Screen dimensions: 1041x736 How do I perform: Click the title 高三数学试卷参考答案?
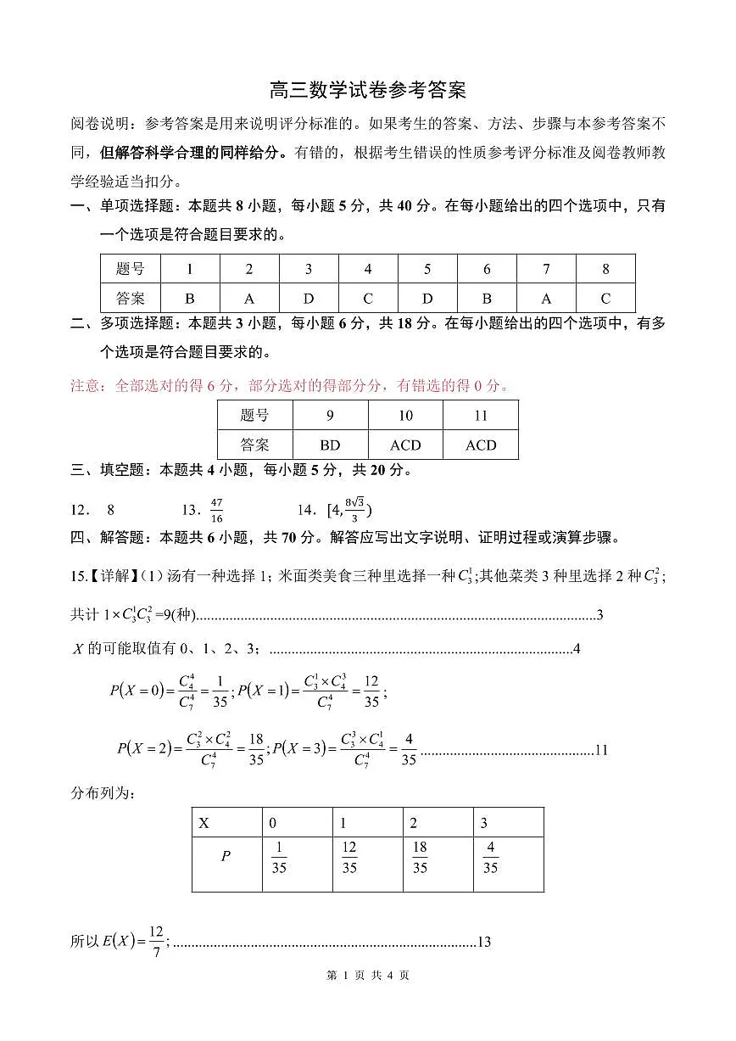tap(367, 90)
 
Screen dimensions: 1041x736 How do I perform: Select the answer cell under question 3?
tap(309, 298)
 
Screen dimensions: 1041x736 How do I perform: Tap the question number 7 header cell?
tap(546, 269)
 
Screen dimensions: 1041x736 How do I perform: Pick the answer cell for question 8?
tap(605, 298)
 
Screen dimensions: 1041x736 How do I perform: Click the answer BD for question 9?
tap(330, 445)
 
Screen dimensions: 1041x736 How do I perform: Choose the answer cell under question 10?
tap(405, 445)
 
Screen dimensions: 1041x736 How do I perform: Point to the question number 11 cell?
tap(481, 416)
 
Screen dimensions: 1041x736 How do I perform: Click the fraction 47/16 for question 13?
tap(216, 510)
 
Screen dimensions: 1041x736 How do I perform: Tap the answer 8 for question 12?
tap(110, 510)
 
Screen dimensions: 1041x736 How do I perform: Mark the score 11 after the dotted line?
tap(601, 750)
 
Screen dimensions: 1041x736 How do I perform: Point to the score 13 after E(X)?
tap(485, 942)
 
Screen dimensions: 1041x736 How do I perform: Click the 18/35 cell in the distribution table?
tap(420, 858)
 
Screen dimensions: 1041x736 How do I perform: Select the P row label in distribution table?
tap(226, 856)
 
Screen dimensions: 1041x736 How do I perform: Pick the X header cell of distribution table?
tap(204, 823)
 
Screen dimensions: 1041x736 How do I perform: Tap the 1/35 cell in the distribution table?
tap(279, 858)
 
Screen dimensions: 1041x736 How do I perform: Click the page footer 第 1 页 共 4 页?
tap(367, 976)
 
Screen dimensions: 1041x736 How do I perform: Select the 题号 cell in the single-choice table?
tap(131, 269)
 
